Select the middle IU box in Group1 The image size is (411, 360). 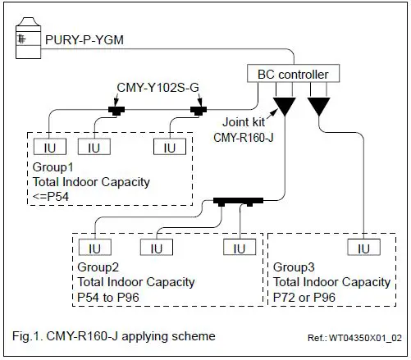coord(94,147)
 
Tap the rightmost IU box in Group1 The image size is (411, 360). coord(169,147)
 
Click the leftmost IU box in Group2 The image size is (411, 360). coord(94,247)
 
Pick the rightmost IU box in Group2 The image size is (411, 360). coord(238,247)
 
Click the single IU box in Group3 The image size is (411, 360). coord(362,247)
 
